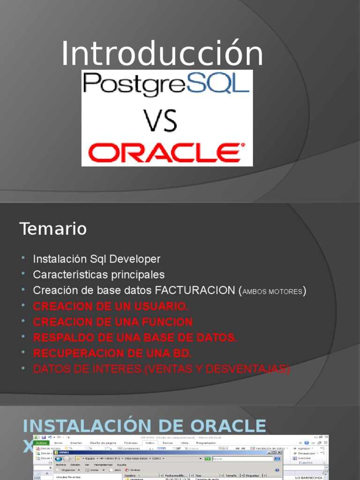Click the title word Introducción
[162, 54]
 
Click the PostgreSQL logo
[166, 84]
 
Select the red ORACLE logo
[167, 152]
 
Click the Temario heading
[53, 229]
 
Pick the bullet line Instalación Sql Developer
[97, 259]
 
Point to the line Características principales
[99, 274]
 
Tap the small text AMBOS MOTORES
[272, 292]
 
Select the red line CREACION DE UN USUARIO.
[111, 306]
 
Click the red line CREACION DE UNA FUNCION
[112, 322]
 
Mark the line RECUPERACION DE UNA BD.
[112, 353]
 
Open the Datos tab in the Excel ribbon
[150, 442]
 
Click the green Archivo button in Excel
[42, 442]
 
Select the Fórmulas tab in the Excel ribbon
[131, 442]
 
